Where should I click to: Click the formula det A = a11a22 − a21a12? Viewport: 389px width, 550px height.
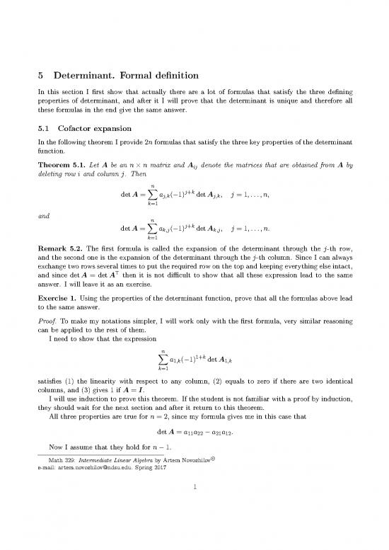coord(194,472)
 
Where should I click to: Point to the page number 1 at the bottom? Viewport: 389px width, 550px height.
coord(194,527)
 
